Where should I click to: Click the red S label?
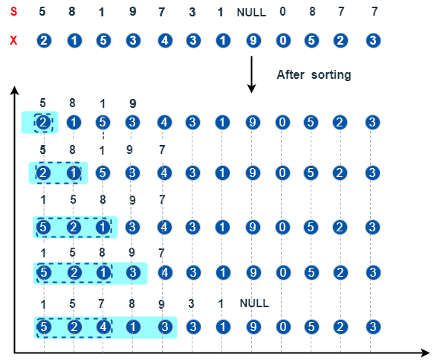(13, 11)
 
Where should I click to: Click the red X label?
(13, 40)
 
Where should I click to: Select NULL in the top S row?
(251, 13)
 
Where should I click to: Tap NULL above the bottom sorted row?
(254, 303)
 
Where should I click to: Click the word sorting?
(331, 75)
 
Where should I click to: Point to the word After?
(291, 74)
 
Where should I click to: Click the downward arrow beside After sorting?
(251, 74)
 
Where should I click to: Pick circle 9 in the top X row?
(253, 40)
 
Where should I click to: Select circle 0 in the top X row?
(283, 40)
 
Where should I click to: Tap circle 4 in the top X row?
(165, 40)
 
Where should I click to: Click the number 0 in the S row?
(282, 11)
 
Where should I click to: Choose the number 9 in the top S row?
(133, 11)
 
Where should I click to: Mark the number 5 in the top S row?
(42, 11)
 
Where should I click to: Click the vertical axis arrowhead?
(14, 90)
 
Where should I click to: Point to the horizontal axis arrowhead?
(425, 353)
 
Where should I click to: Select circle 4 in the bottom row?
(103, 327)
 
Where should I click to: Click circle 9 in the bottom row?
(253, 327)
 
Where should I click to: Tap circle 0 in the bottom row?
(283, 327)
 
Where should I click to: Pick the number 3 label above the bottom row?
(191, 303)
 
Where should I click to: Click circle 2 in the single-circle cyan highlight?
(43, 123)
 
